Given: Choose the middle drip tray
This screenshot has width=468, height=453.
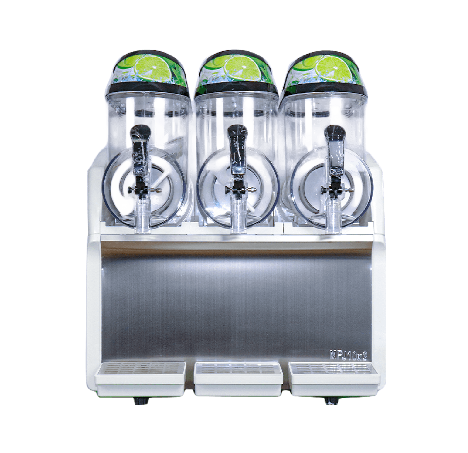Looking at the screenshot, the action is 238,379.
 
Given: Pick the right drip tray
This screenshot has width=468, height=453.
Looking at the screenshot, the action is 334,379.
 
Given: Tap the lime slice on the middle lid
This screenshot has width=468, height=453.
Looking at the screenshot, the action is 243,68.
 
